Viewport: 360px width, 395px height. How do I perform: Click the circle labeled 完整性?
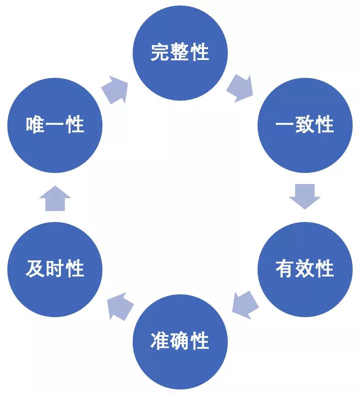point(180,53)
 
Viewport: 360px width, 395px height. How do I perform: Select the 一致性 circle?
point(305,125)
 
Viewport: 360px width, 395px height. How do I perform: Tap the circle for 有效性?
point(305,269)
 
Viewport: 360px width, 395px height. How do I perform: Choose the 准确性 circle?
point(180,341)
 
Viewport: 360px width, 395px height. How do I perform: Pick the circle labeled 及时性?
point(55,269)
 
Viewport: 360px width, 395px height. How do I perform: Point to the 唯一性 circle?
point(55,125)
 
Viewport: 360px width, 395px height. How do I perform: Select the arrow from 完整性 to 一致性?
point(240,88)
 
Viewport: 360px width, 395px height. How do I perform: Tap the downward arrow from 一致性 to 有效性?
point(305,196)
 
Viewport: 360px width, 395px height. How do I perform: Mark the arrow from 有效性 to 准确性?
point(245,305)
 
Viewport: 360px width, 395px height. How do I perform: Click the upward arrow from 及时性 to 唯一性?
point(55,198)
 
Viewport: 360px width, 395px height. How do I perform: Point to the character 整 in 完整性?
point(180,52)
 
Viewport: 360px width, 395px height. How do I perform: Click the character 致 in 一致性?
point(305,124)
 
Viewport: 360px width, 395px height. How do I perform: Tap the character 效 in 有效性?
point(305,269)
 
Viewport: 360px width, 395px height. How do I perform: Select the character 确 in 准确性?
point(180,341)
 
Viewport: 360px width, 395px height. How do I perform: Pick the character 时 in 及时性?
point(55,269)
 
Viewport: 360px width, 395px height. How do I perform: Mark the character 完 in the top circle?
point(160,52)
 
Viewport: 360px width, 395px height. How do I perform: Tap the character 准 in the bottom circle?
point(160,341)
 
